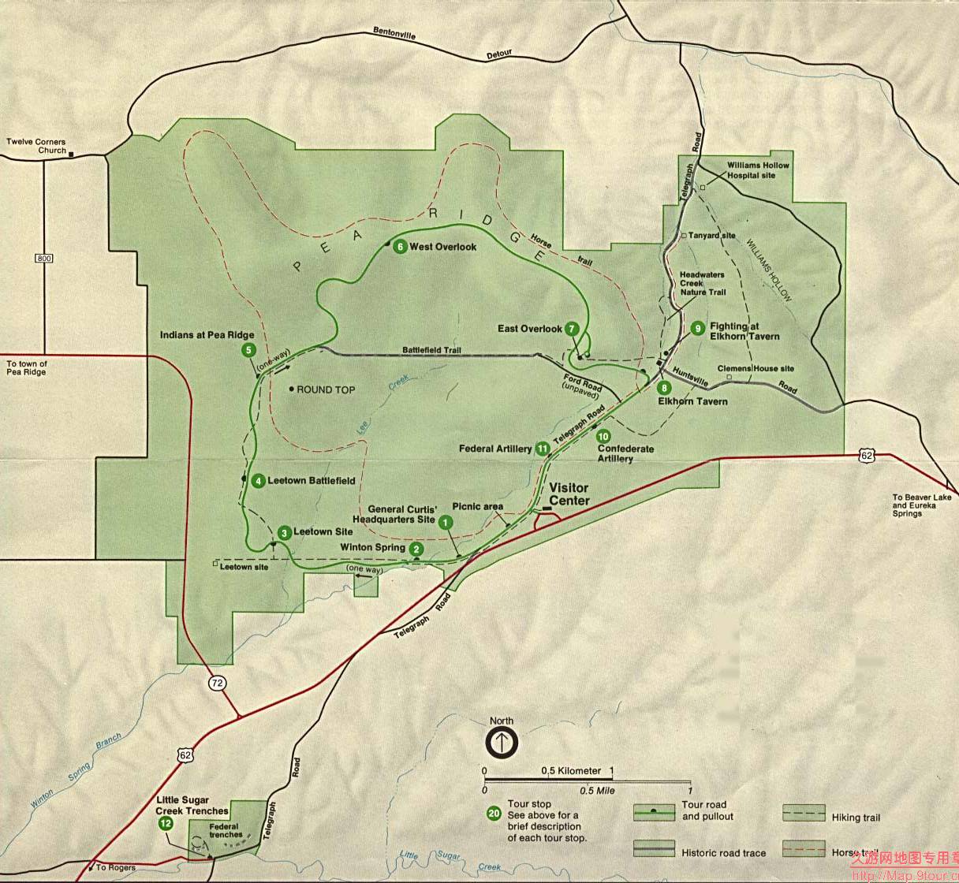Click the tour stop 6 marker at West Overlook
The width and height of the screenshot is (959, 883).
400,247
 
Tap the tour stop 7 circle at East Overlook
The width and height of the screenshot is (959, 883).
572,329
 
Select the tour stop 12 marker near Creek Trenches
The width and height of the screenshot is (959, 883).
166,823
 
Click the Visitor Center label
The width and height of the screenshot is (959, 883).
569,494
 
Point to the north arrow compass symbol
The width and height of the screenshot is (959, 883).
501,742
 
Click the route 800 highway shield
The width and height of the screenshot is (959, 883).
44,259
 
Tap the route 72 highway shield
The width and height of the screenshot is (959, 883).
217,683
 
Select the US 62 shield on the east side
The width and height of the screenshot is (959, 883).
867,456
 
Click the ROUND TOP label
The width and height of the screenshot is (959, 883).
326,389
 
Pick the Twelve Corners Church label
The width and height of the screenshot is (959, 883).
36,146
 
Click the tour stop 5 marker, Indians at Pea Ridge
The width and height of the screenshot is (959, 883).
248,350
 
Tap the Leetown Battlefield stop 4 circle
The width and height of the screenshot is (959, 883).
258,480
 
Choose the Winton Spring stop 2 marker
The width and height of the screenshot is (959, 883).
416,549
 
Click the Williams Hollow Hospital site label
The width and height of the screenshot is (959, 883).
757,170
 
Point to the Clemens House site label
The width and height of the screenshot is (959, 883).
756,368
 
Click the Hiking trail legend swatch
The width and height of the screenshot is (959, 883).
804,814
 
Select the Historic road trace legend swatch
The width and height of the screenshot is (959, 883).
654,848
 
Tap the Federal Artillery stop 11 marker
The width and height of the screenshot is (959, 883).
542,449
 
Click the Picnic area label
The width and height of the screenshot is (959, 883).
477,506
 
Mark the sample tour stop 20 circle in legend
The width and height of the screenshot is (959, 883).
494,814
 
